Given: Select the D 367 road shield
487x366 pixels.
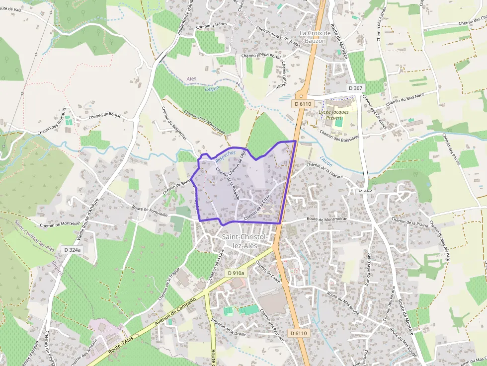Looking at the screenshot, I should tap(356, 88).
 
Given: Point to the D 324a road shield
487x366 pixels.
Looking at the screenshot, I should tap(72, 249).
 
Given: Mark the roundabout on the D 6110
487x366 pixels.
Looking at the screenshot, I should tap(301, 95).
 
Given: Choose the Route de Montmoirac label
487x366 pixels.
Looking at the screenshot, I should tap(326, 219).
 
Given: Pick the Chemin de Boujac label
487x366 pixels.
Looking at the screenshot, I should tap(105, 116).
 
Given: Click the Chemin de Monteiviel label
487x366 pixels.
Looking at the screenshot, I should tap(60, 225).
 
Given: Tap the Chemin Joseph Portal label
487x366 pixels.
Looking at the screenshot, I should tap(261, 56).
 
